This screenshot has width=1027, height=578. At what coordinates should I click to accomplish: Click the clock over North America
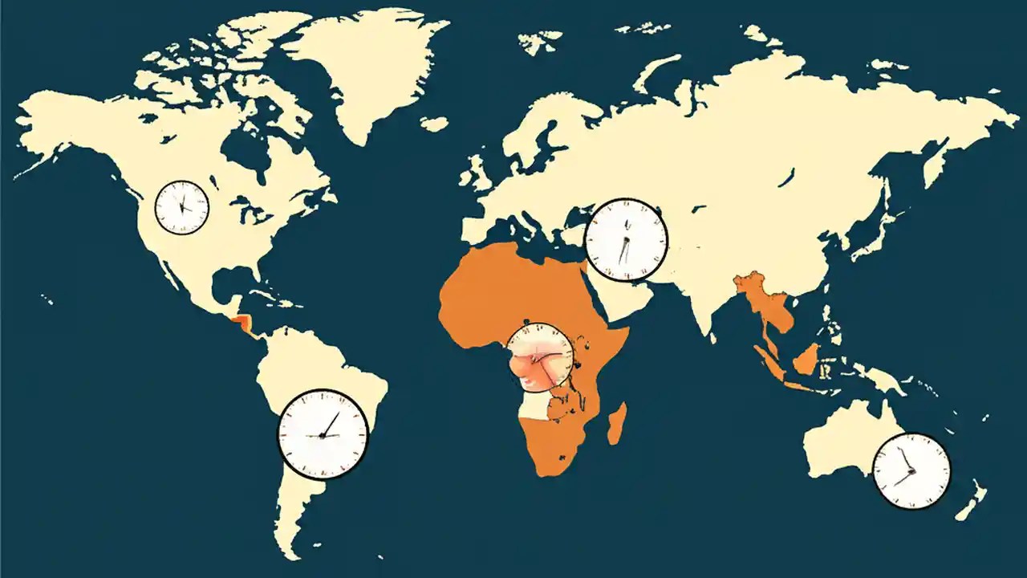pyautogui.click(x=181, y=207)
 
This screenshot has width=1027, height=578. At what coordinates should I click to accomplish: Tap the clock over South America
pyautogui.click(x=323, y=433)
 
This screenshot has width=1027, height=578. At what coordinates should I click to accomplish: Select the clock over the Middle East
pyautogui.click(x=626, y=239)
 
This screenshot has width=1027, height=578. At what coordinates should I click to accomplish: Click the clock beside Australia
pyautogui.click(x=911, y=470)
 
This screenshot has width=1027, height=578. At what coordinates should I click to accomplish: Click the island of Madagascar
pyautogui.click(x=616, y=424)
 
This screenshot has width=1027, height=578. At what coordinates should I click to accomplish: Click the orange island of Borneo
pyautogui.click(x=806, y=360)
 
